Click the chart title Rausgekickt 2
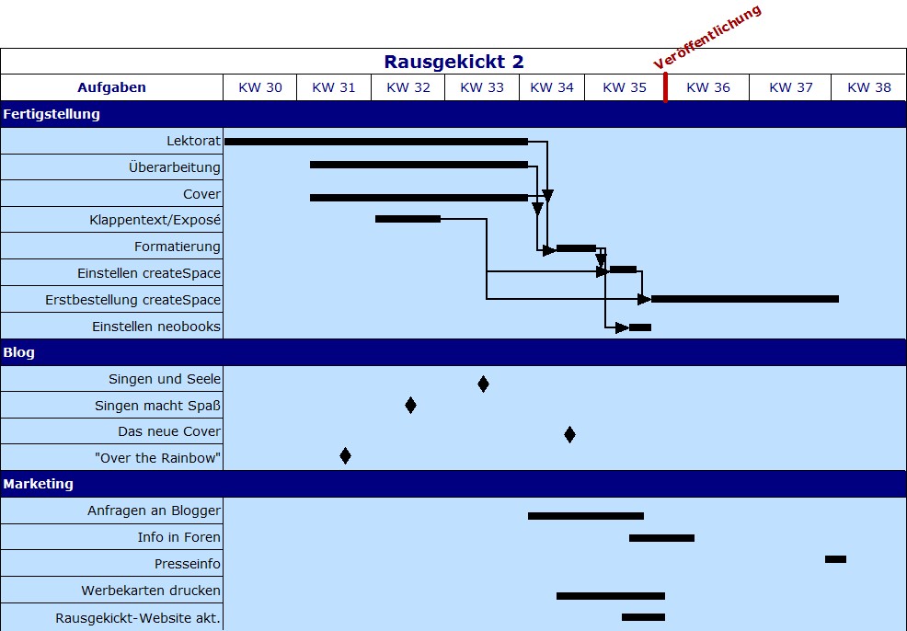coord(453,62)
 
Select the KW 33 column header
coord(482,87)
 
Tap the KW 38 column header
coord(868,87)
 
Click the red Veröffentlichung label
coord(708,38)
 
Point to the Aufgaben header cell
coord(111,87)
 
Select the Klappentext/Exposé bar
coord(408,219)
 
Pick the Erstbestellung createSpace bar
coord(744,299)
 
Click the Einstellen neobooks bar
coord(640,327)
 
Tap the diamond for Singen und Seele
coord(483,384)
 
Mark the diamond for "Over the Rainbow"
coord(345,455)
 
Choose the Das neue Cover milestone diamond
coord(569,434)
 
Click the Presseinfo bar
coord(835,559)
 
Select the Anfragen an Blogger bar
coord(585,516)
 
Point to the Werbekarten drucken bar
coord(610,596)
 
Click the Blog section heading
coord(19,352)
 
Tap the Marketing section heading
coord(38,484)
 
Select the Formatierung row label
coord(177,247)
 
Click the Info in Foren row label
coord(178,537)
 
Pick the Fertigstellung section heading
coord(52,115)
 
